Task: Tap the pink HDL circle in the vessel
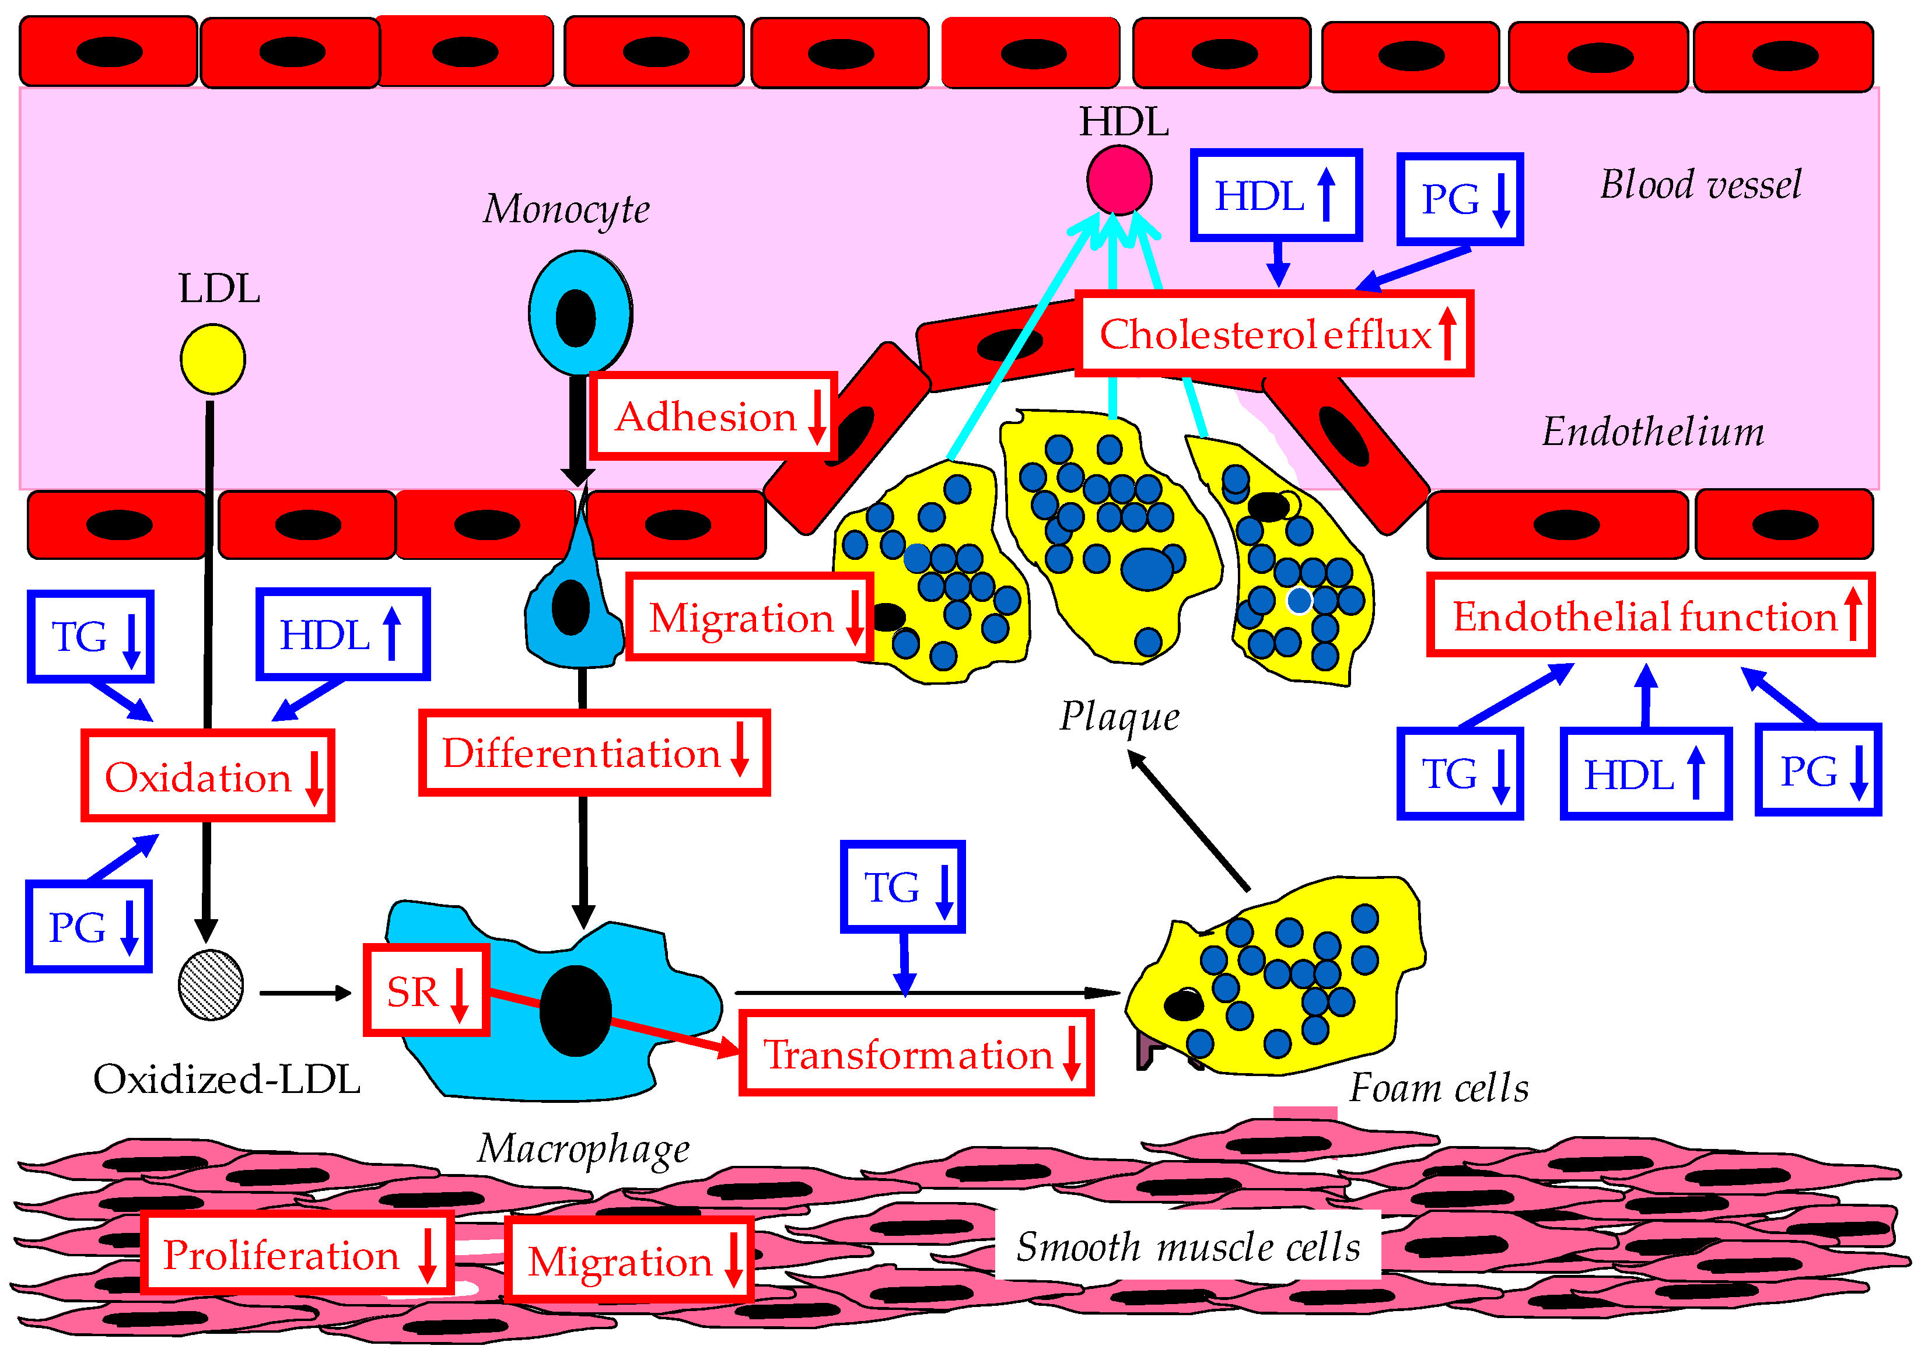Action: [1118, 180]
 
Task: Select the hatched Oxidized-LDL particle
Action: [211, 985]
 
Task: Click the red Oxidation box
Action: [208, 775]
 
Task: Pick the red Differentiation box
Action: [594, 752]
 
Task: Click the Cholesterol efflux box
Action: [1274, 334]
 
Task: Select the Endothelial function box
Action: [1650, 615]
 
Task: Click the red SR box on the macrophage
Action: [426, 990]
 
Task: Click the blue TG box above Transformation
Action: [902, 886]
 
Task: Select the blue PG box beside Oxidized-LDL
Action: [89, 926]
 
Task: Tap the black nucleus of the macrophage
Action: [575, 1010]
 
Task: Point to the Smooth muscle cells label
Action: [1187, 1245]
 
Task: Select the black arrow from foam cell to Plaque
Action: [1188, 821]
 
